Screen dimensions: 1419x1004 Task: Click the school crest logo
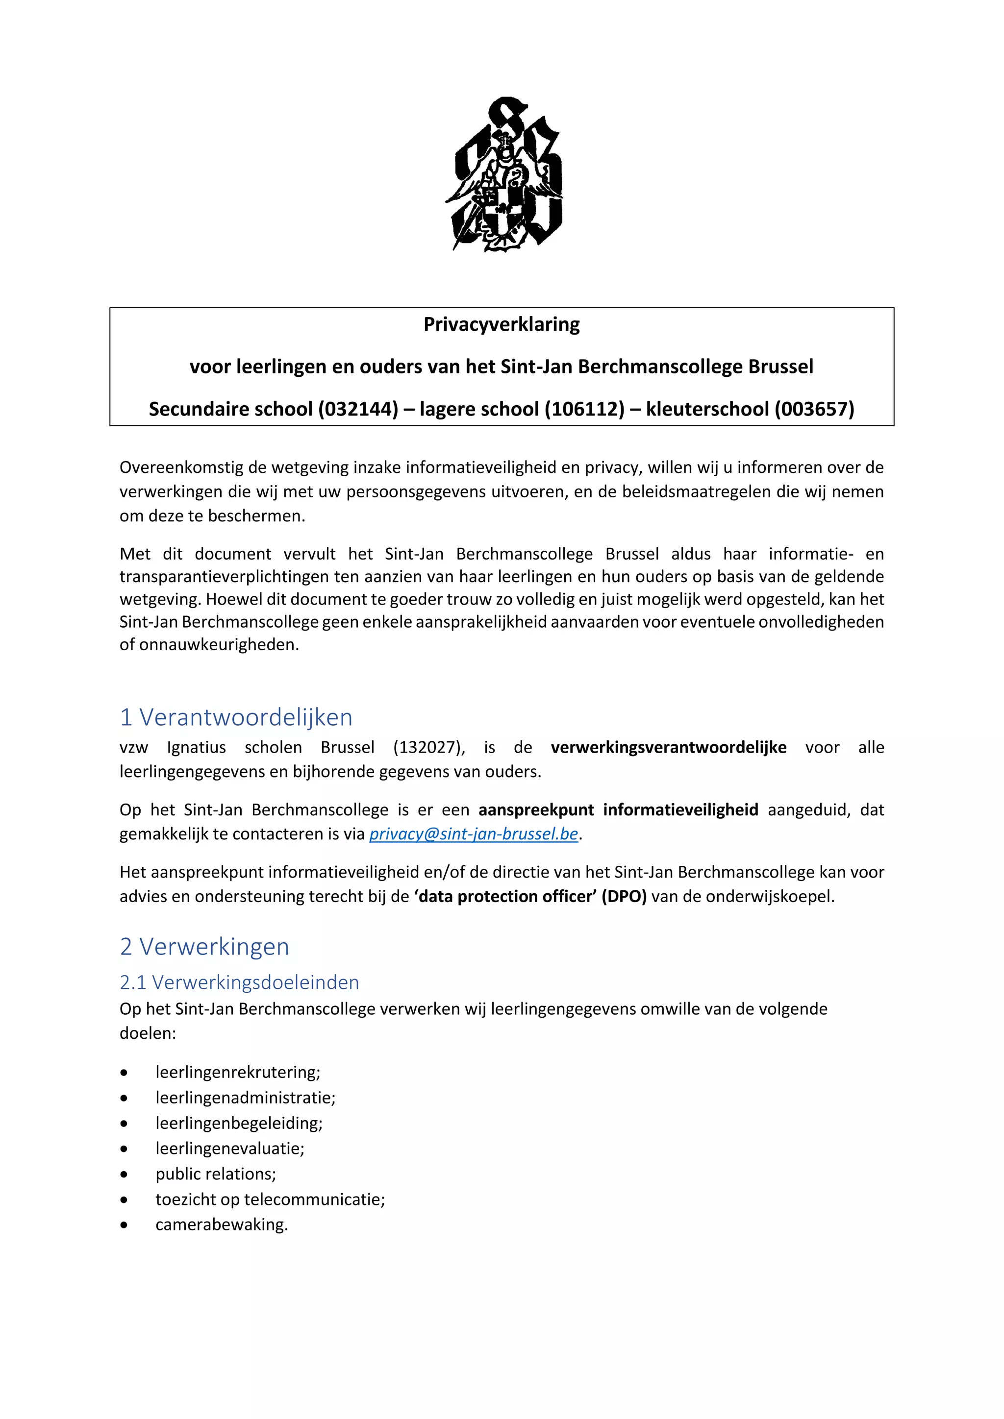(504, 174)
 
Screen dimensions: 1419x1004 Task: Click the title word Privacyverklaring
(502, 324)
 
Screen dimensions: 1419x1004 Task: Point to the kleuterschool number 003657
(814, 409)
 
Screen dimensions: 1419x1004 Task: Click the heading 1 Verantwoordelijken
(236, 717)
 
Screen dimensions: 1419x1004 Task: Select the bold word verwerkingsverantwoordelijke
(668, 748)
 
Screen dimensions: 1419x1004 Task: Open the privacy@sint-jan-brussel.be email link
(474, 834)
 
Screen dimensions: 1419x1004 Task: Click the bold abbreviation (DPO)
(624, 897)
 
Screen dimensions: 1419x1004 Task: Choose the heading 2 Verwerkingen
(204, 947)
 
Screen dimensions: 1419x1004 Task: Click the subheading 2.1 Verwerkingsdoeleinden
(239, 983)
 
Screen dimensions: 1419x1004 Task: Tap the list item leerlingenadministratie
(246, 1098)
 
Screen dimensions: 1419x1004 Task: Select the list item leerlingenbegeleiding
(239, 1123)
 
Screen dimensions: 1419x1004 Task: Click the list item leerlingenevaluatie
(230, 1149)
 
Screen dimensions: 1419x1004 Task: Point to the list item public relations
(216, 1174)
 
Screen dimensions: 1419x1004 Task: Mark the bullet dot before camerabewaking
(124, 1225)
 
